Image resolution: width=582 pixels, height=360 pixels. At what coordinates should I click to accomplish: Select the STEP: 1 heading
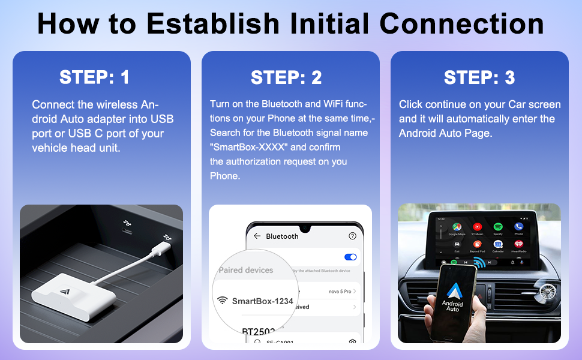94,77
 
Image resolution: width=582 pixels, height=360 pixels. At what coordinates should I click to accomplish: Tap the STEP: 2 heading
286,77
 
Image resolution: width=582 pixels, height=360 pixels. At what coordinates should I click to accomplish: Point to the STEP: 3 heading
479,77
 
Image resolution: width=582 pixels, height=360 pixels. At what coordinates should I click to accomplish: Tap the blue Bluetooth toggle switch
350,257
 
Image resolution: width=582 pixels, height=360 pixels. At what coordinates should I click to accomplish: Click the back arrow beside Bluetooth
257,236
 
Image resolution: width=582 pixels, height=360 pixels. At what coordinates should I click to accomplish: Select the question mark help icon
352,236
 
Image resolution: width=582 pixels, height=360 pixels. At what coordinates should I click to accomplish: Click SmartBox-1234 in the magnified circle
262,301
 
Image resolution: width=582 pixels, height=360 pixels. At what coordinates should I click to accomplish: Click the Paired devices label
246,270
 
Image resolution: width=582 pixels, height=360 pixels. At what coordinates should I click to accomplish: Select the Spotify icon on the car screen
498,227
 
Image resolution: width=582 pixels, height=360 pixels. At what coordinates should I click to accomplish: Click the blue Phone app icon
518,227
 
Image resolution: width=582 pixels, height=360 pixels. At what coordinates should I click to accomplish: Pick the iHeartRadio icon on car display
518,245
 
